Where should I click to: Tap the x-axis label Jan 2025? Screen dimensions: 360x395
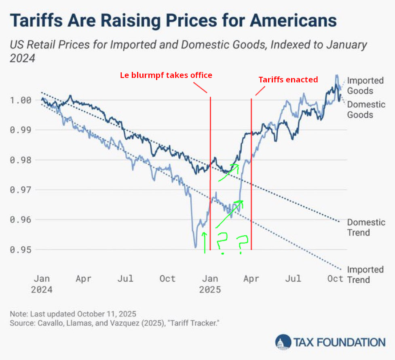[x=209, y=284]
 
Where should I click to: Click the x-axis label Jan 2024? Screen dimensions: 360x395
[x=42, y=284]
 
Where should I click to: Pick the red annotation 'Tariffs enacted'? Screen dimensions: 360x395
[x=288, y=80]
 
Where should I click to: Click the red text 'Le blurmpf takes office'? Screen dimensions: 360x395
[x=166, y=75]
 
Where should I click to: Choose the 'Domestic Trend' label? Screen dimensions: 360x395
[x=366, y=227]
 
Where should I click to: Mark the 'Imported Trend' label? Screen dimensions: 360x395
[x=365, y=274]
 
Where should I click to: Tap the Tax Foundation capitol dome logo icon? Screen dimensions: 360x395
[x=283, y=343]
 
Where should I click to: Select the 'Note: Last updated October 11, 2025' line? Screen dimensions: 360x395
[x=73, y=314]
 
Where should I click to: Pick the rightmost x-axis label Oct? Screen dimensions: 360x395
[x=335, y=279]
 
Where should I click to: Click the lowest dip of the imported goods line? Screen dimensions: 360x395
[x=195, y=247]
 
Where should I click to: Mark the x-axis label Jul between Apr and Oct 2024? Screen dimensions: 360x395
[x=125, y=279]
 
